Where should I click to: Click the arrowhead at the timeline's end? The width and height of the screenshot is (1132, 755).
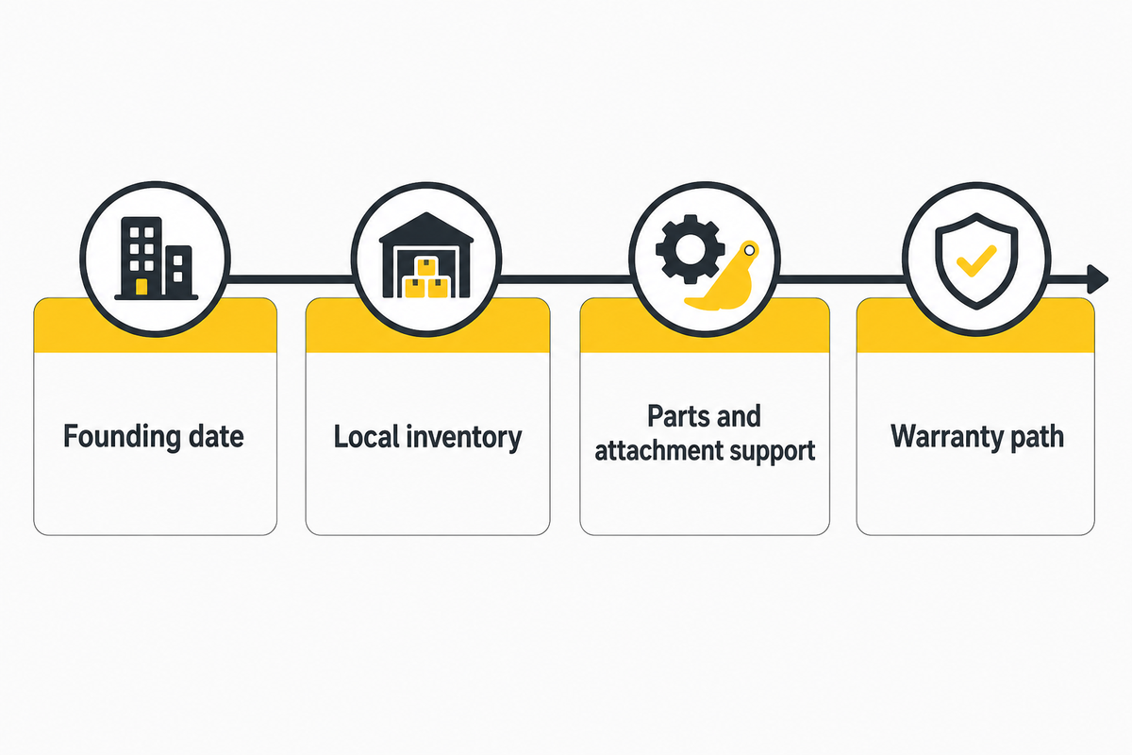(1098, 279)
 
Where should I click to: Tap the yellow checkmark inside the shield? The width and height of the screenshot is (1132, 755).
(976, 260)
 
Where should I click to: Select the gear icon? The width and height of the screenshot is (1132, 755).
(690, 249)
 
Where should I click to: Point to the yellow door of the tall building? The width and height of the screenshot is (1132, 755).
(142, 287)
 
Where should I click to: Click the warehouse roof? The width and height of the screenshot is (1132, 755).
(426, 227)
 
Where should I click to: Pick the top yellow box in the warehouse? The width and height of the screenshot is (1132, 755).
(427, 266)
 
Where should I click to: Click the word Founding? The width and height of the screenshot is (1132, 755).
(122, 436)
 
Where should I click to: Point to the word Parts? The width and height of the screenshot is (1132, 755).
(670, 416)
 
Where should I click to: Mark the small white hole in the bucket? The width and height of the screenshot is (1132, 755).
(749, 250)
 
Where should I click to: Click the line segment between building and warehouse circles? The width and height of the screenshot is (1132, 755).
(291, 279)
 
